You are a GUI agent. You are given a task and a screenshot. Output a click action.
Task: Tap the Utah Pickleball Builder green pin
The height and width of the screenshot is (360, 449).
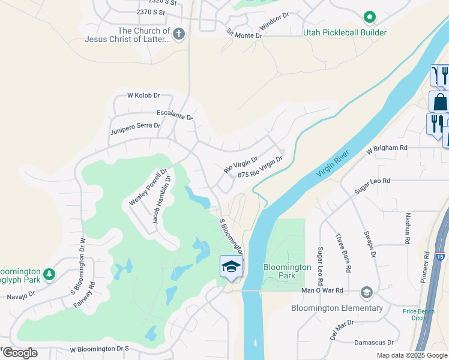pyautogui.click(x=370, y=19)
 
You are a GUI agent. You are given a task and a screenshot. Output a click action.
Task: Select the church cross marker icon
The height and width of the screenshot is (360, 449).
pyautogui.click(x=179, y=35)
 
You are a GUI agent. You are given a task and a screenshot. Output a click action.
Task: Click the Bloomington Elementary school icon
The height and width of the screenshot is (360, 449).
pyautogui.click(x=366, y=293)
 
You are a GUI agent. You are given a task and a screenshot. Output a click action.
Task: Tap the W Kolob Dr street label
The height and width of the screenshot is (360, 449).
pyautogui.click(x=143, y=95)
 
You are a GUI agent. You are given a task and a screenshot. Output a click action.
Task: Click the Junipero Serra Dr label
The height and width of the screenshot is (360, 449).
pyautogui.click(x=135, y=126)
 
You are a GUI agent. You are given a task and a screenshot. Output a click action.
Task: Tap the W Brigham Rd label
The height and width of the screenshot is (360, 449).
pyautogui.click(x=387, y=148)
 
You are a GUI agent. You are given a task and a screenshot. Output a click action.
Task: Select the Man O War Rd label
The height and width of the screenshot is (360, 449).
pyautogui.click(x=322, y=290)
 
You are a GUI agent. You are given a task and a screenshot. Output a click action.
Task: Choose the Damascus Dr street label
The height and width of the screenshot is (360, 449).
pyautogui.click(x=373, y=343)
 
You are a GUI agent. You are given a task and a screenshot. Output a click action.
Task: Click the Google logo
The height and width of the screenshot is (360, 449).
pyautogui.click(x=20, y=353)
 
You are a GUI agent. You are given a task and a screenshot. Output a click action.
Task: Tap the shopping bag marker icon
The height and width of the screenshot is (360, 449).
pyautogui.click(x=439, y=101)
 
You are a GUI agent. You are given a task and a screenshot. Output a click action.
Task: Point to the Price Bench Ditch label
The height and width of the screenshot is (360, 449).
pyautogui.click(x=417, y=314)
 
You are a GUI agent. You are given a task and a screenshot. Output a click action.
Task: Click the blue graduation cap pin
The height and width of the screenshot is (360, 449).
pyautogui.click(x=231, y=266)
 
